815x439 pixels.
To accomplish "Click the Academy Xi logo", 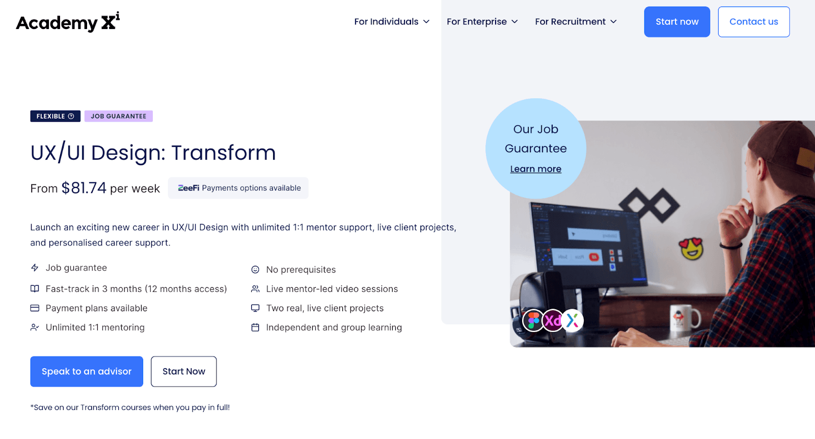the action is coord(68,22).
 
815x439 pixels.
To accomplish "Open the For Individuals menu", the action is coord(392,22).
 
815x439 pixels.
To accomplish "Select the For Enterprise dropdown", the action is coord(482,22).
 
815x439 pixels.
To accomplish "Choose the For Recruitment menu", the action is coord(576,22).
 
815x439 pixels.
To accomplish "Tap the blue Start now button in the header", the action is coord(677,22).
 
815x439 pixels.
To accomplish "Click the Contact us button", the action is coord(753,22).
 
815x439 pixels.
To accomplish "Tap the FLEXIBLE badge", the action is coord(56,116).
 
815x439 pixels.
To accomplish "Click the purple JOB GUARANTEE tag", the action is coord(119,116).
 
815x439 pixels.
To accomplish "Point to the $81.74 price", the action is coord(84,188).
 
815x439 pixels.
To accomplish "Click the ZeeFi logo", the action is coord(188,188).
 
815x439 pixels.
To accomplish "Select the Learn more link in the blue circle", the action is coord(535,169).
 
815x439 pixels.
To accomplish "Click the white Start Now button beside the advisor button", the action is coord(184,371).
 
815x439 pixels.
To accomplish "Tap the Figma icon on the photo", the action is coord(533,320).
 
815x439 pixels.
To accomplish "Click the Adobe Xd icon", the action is coord(553,320).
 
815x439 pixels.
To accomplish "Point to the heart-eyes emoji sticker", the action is coord(691,249).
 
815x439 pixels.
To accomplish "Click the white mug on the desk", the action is coord(685,318).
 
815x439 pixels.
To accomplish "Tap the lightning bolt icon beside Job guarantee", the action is coord(35,268).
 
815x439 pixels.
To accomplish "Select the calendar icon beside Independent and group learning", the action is coord(255,327).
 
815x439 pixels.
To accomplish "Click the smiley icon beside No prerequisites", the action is coord(255,269).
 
